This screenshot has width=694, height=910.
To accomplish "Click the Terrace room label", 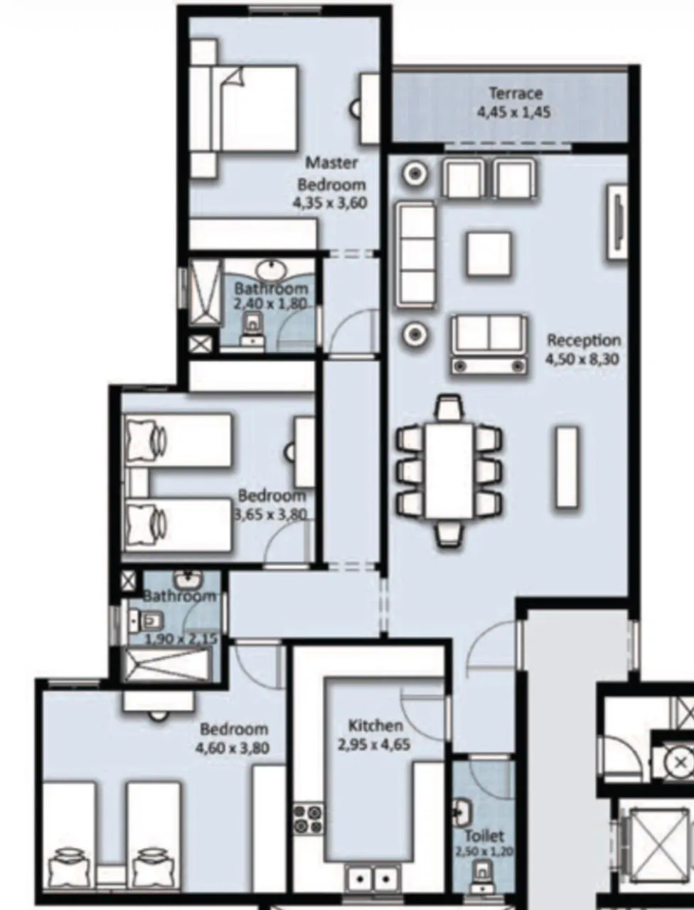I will [x=516, y=93].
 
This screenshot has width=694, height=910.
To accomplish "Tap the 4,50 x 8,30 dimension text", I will [x=582, y=359].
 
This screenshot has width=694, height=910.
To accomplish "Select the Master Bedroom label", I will [x=331, y=173].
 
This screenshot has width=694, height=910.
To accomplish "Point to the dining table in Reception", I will [x=449, y=470].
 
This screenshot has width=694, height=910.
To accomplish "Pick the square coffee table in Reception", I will [x=489, y=254].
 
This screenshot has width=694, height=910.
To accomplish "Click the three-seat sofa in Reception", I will [x=416, y=254].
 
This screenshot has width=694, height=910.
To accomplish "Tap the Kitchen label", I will [x=375, y=726].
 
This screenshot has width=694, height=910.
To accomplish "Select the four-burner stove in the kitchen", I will [x=308, y=819].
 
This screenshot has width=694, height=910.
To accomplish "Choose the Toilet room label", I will [x=484, y=836].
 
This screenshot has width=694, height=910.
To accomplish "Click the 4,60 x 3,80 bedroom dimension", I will [x=233, y=748].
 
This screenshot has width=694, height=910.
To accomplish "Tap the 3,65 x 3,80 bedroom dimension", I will [x=272, y=514].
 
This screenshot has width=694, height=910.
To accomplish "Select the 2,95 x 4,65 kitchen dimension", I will [x=374, y=745].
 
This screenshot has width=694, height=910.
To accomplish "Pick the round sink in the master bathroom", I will [x=271, y=271].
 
